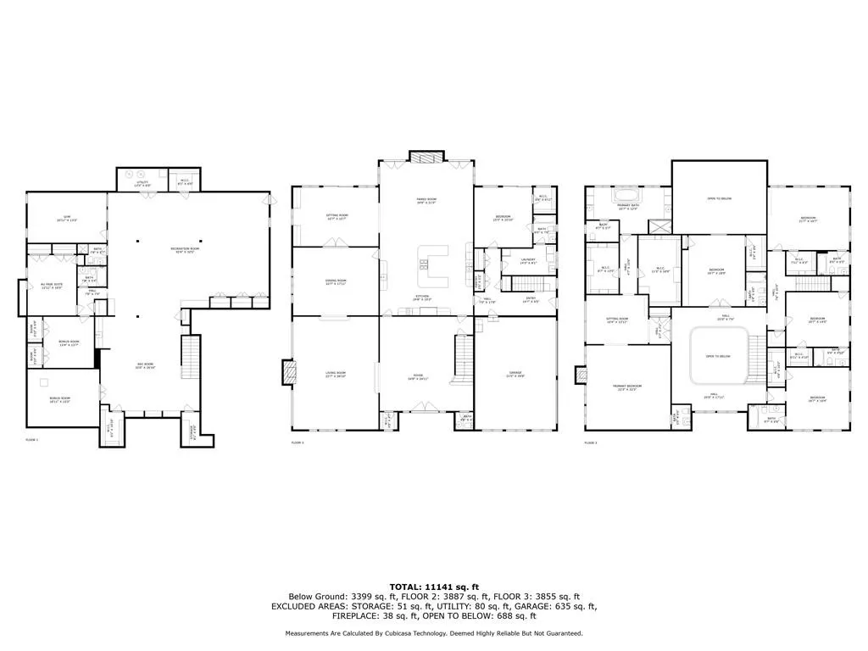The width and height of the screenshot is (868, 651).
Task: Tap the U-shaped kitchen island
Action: tap(431, 266)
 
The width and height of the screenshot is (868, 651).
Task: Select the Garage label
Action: tap(515, 374)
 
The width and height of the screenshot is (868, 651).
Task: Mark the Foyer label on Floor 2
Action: tap(420, 378)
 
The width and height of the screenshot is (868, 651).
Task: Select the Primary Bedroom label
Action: tap(627, 387)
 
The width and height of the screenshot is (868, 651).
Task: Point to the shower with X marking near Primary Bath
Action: tap(658, 226)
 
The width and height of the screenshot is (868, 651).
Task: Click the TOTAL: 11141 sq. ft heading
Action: tap(433, 587)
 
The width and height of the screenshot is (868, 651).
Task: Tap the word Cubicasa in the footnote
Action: tap(468, 633)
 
